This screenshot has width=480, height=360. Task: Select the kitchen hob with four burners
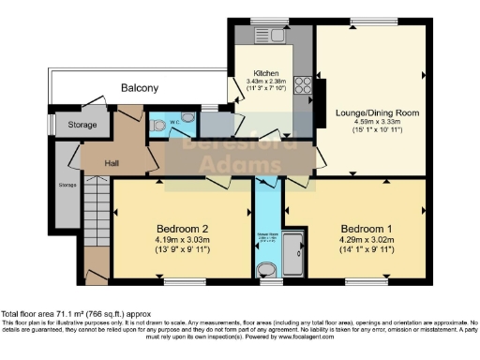pos(305,86)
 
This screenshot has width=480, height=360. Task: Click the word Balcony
pos(139,88)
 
